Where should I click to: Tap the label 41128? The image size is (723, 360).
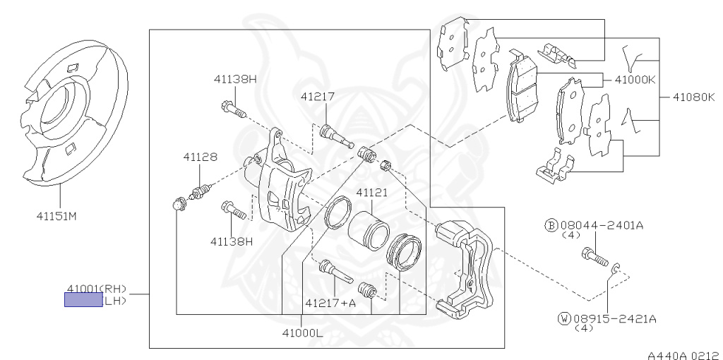[x=201, y=157]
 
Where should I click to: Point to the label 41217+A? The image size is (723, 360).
[x=330, y=303]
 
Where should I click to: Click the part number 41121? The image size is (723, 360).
[x=372, y=192]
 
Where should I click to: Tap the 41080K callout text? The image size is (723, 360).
[x=693, y=96]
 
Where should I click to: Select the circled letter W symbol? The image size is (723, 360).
[x=563, y=318]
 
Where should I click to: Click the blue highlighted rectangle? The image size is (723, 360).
[x=83, y=300]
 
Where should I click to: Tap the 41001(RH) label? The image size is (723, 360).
[x=97, y=288]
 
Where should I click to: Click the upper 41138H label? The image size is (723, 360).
[x=235, y=79]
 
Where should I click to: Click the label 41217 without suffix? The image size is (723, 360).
[x=317, y=96]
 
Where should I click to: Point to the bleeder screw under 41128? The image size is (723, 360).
[x=200, y=190]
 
